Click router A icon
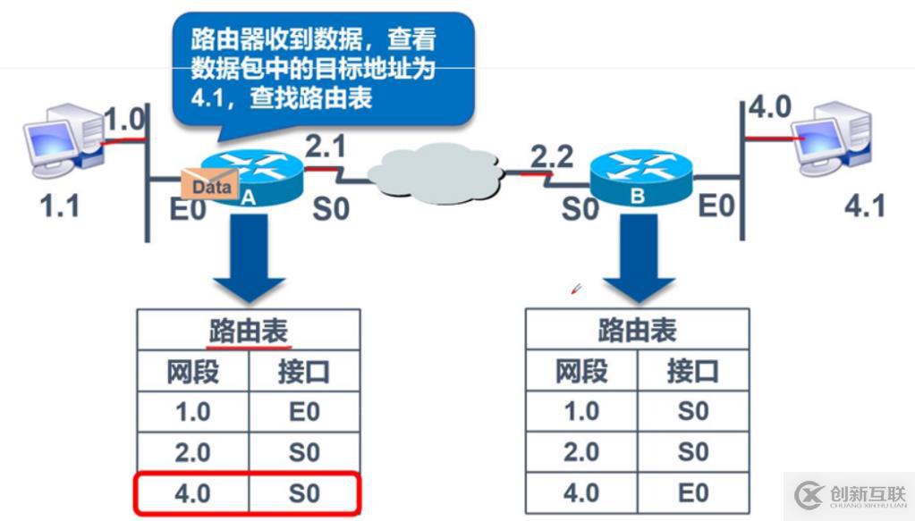click(x=251, y=175)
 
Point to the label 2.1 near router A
click(x=326, y=145)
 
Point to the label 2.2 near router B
click(x=551, y=156)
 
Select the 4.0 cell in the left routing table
click(x=191, y=492)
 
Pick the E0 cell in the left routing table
click(x=304, y=411)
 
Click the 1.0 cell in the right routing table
click(x=581, y=411)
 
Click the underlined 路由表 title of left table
click(x=248, y=331)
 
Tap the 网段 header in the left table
click(x=192, y=371)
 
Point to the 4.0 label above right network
click(x=769, y=108)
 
